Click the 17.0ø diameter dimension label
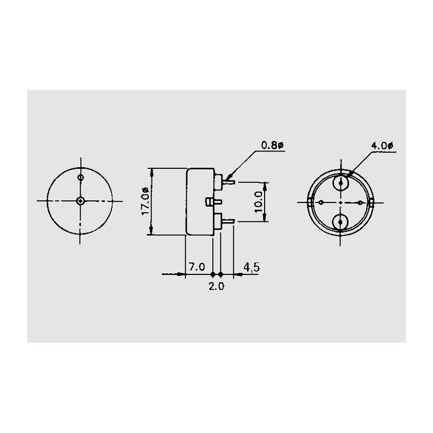(146, 201)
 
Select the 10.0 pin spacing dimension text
(259, 202)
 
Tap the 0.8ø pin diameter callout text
(272, 145)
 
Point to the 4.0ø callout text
(382, 146)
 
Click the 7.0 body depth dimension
(196, 267)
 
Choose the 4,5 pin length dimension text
(251, 267)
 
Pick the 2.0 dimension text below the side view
(216, 286)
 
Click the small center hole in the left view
(80, 201)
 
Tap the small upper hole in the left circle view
(81, 178)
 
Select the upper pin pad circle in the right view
(340, 183)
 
